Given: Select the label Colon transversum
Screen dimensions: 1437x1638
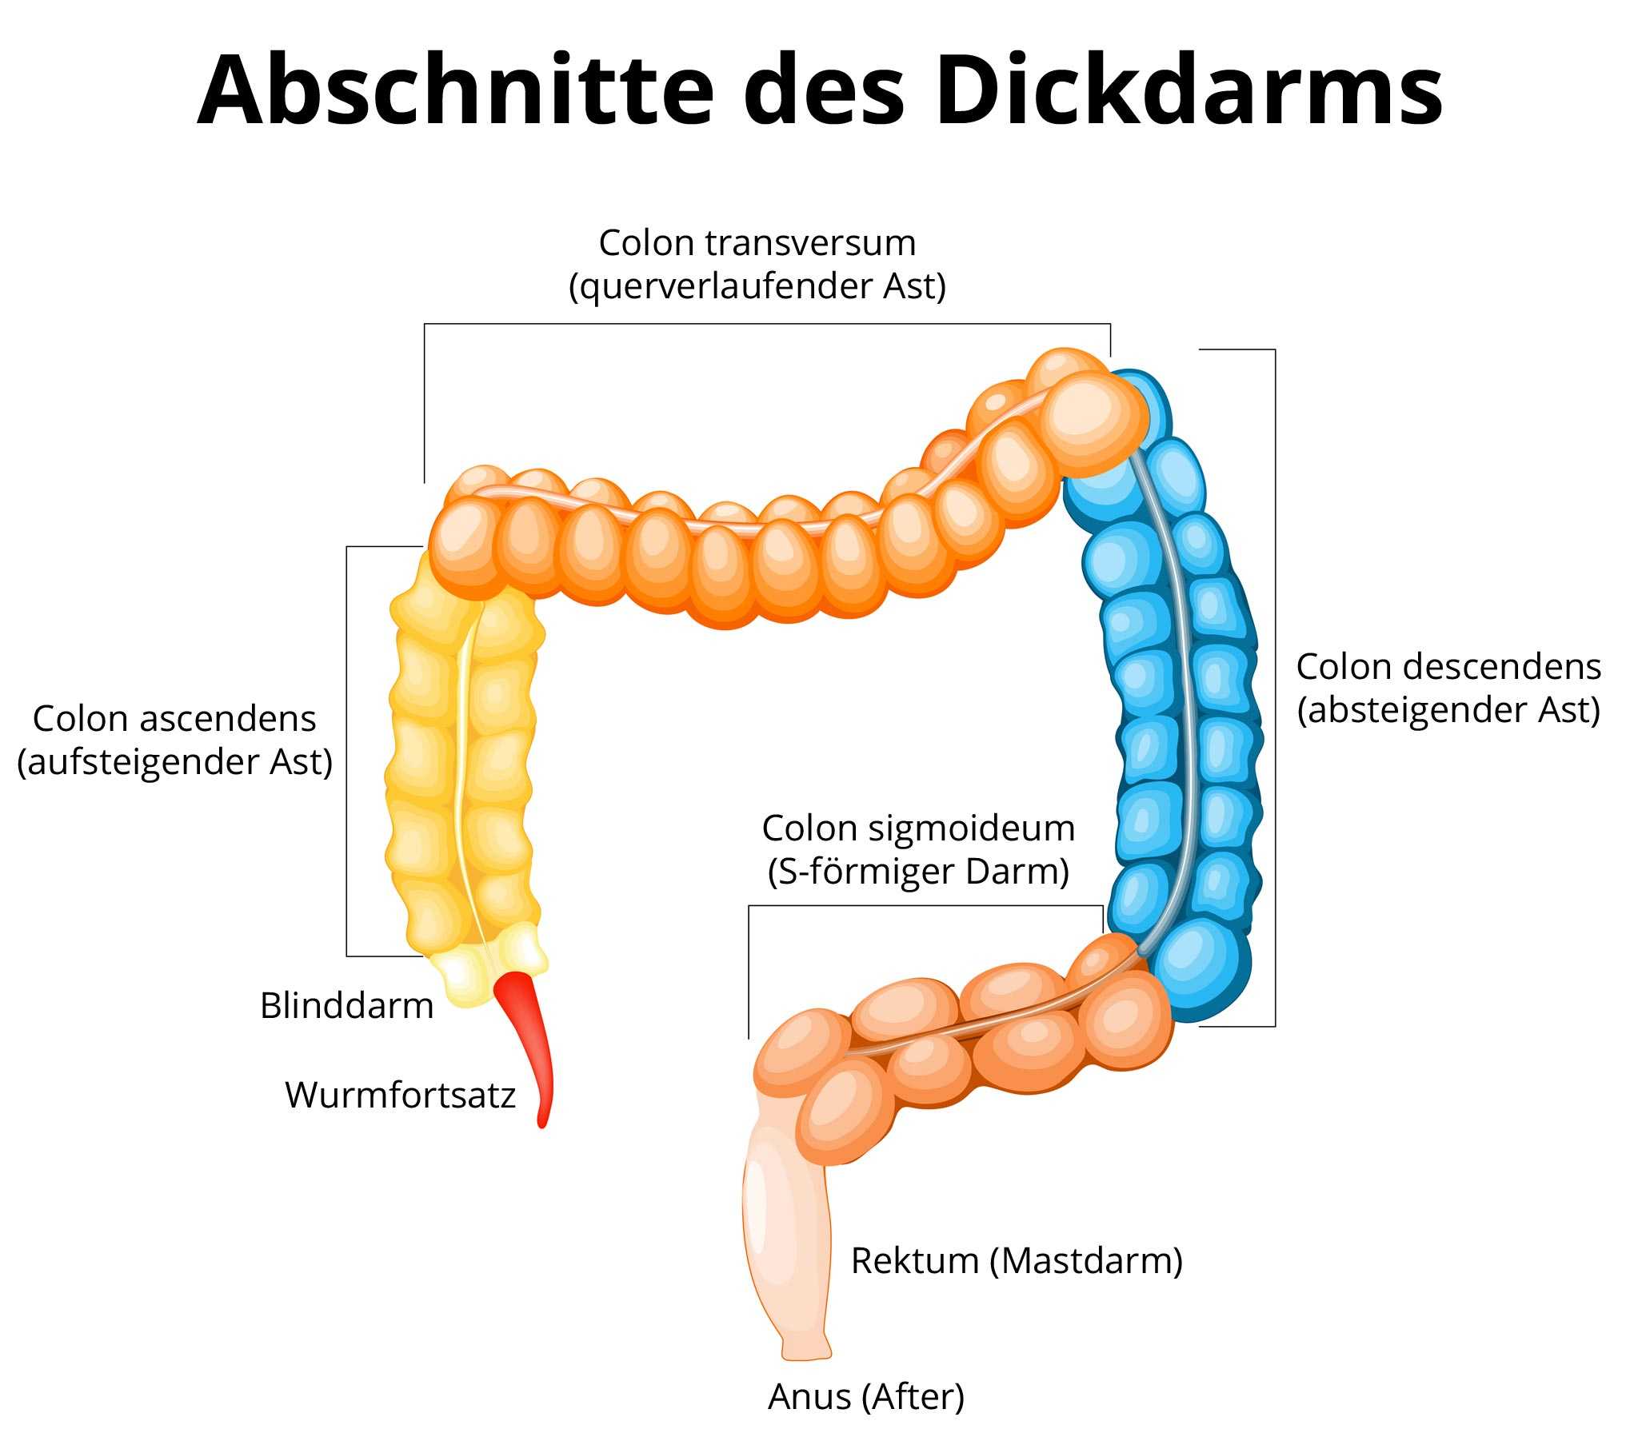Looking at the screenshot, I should pos(757,243).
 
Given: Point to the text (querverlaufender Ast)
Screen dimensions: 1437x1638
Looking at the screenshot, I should pos(757,286).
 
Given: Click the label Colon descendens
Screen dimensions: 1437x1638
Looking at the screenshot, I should pos(1448,666).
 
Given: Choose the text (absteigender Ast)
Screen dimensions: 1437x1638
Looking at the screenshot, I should pos(1448,710).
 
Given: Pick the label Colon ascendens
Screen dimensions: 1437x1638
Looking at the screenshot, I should pos(174,719).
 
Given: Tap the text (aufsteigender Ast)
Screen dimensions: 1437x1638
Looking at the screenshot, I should pos(174,762).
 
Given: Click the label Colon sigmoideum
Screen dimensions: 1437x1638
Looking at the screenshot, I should pos(917,828).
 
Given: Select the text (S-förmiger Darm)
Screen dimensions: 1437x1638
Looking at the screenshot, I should pos(917,872).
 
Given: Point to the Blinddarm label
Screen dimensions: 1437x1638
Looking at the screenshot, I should pos(346,1005).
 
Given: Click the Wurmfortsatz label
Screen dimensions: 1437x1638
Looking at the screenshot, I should pos(400,1095).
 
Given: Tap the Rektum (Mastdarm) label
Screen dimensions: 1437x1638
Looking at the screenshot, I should pos(1016,1261).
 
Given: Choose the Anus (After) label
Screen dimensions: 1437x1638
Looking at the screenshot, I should pos(865,1396).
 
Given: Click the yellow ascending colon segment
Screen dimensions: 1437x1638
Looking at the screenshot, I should pos(425,769).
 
